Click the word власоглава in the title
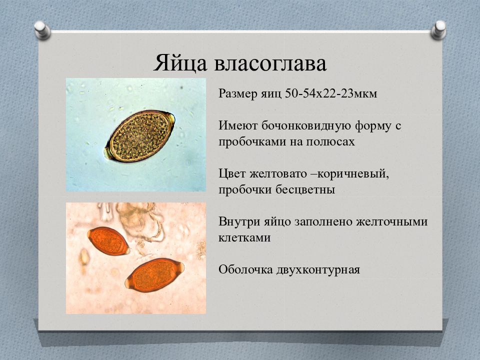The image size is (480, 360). (x=270, y=63)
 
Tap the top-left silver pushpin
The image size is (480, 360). (x=42, y=30)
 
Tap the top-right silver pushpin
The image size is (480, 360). (x=438, y=30)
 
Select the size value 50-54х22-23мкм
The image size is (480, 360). (x=331, y=93)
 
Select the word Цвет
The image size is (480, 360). (x=232, y=173)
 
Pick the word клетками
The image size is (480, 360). (x=244, y=237)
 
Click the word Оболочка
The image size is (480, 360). (x=245, y=269)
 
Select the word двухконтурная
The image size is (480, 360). (x=318, y=270)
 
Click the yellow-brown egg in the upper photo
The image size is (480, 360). (x=139, y=136)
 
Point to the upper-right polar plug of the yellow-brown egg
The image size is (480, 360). (x=171, y=118)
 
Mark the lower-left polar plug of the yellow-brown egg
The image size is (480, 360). (x=108, y=153)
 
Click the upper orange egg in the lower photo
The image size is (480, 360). (x=108, y=241)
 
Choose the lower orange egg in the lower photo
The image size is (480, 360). (x=155, y=275)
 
